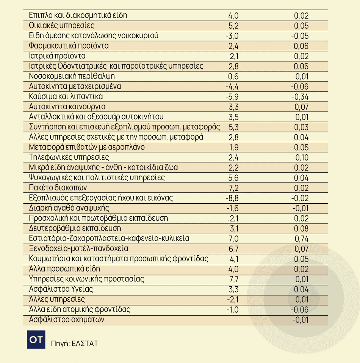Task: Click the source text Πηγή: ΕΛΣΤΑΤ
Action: tap(74, 344)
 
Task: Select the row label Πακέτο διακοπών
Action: tap(58, 188)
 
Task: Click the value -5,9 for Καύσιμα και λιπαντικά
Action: tap(232, 97)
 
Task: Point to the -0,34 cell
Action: tap(300, 97)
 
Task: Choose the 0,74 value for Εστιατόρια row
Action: tap(302, 239)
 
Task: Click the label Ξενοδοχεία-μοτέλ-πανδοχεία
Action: tap(78, 248)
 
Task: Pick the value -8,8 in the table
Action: tap(232, 198)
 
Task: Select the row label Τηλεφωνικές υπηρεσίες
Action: tap(69, 157)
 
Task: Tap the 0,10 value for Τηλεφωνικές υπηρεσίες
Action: tap(302, 157)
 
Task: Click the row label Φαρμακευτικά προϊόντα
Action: tap(69, 46)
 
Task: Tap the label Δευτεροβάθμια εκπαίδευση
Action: tap(75, 228)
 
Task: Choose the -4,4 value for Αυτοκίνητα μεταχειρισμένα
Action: tap(232, 86)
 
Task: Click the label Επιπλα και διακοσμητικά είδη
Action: tap(78, 16)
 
